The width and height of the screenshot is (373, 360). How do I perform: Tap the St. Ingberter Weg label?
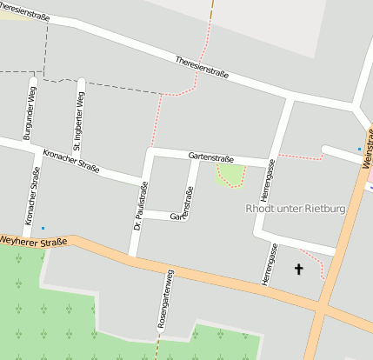79,116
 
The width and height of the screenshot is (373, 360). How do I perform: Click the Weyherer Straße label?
33,240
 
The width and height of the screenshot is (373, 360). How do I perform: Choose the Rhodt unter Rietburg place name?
296,209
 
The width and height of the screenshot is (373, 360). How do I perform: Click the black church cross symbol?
300,270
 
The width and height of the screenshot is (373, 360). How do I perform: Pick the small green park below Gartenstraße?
230,175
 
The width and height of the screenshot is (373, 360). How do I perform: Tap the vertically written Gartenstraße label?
185,203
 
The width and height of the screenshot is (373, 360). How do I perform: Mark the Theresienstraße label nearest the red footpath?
202,69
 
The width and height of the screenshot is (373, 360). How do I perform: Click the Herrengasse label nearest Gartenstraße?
270,181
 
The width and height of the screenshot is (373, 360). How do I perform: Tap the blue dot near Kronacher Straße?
43,229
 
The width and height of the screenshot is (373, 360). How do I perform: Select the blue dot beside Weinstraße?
359,150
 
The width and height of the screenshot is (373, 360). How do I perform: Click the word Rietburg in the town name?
322,209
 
